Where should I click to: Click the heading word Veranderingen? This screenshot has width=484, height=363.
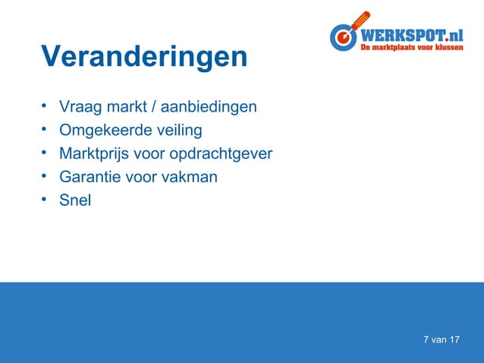pyautogui.click(x=144, y=57)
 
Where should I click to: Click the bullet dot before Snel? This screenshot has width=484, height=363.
pyautogui.click(x=46, y=200)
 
